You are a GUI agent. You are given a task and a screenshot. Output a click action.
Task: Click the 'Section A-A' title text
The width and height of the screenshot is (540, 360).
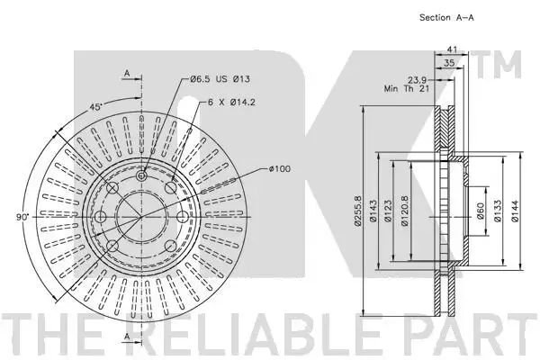click(x=446, y=18)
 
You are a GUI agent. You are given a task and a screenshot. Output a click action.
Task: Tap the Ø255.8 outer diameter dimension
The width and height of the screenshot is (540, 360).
click(x=358, y=211)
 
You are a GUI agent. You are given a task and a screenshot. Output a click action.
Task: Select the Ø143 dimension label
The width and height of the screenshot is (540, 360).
click(x=373, y=211)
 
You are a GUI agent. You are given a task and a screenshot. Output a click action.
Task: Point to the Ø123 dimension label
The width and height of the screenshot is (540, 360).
click(x=388, y=211)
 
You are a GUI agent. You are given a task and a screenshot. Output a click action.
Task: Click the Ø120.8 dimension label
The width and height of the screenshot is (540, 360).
click(x=405, y=211)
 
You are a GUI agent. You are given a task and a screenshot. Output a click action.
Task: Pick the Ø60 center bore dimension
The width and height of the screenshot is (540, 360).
click(x=480, y=211)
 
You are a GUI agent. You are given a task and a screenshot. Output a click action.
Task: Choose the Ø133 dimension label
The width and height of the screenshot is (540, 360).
click(x=498, y=211)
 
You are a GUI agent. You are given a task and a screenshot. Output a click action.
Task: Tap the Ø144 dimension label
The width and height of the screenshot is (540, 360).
click(x=515, y=211)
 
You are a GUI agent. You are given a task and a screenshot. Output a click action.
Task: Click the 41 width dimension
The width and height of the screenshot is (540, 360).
click(x=452, y=49)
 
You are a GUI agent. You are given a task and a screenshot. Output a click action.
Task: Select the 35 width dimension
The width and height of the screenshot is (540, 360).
click(x=449, y=63)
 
